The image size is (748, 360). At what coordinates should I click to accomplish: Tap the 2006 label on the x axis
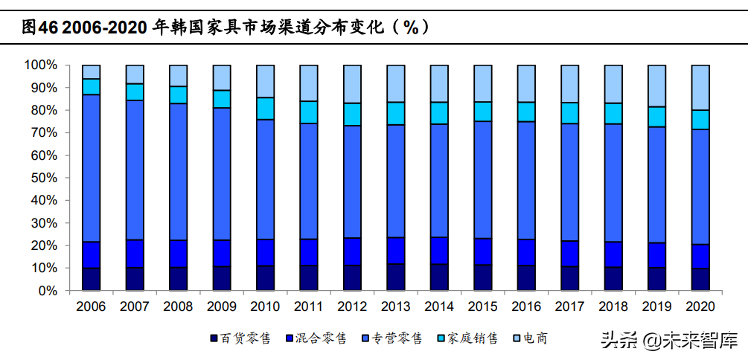pyautogui.click(x=91, y=306)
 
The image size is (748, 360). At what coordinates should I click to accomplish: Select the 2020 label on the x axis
pyautogui.click(x=700, y=306)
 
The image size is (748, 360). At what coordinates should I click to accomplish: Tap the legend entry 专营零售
pyautogui.click(x=395, y=338)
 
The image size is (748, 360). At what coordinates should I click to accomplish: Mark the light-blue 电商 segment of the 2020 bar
pyautogui.click(x=700, y=87)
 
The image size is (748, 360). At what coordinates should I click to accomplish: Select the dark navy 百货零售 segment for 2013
pyautogui.click(x=396, y=277)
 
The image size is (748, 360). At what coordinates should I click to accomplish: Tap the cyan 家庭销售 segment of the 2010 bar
pyautogui.click(x=265, y=108)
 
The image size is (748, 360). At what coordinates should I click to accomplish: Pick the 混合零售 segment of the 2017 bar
pyautogui.click(x=570, y=254)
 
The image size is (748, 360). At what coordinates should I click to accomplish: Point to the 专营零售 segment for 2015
pyautogui.click(x=483, y=179)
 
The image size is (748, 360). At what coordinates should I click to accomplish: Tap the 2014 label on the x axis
pyautogui.click(x=439, y=306)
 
